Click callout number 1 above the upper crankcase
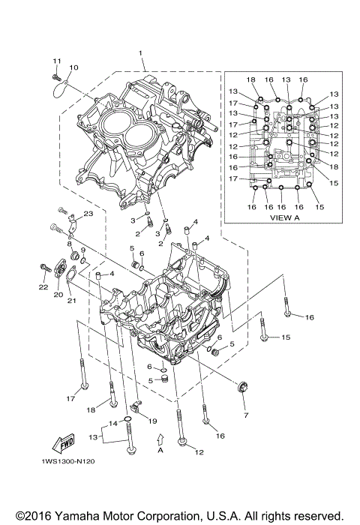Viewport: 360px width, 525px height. click(x=139, y=52)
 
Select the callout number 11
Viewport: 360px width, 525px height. click(x=56, y=60)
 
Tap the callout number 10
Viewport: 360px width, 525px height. click(x=73, y=68)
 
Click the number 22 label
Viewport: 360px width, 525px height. click(x=43, y=286)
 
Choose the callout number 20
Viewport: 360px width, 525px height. click(x=57, y=295)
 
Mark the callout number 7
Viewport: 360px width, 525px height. click(x=244, y=413)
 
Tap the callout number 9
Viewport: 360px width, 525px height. click(x=82, y=250)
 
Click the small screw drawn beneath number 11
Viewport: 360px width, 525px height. click(x=56, y=76)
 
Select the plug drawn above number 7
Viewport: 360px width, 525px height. click(x=243, y=388)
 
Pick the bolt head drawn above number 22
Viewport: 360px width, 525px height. click(x=43, y=267)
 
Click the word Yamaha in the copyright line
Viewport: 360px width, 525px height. click(x=75, y=516)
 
